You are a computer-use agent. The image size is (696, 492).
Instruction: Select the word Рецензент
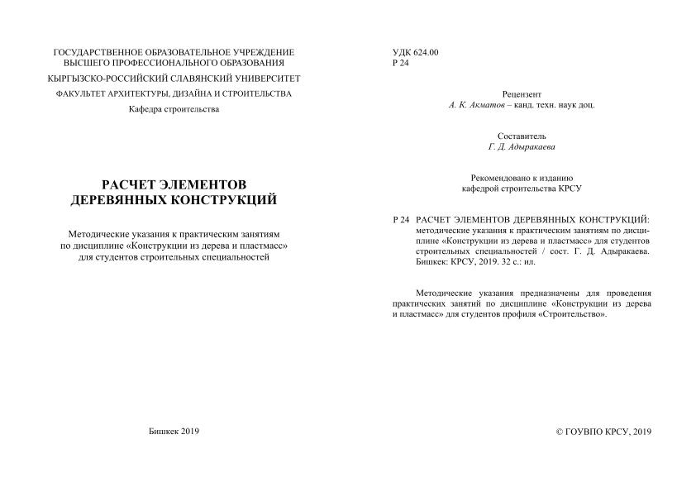click(x=522, y=94)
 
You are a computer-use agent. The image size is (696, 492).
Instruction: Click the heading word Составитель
click(x=522, y=136)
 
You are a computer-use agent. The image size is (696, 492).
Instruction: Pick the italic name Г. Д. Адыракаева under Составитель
click(x=522, y=146)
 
